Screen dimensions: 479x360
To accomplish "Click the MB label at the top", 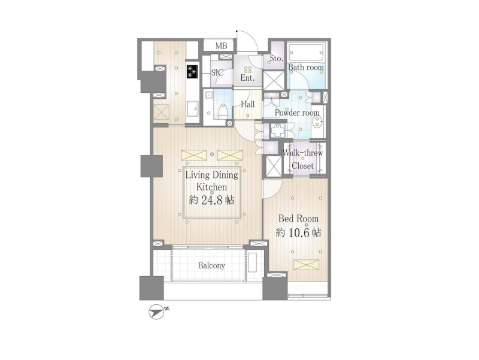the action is [221, 46].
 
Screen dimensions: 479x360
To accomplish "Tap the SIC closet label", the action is [217, 72].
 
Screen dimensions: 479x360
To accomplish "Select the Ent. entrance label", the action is [247, 78].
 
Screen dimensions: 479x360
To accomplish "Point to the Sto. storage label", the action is [276, 58].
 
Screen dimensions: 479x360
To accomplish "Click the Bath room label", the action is [306, 67].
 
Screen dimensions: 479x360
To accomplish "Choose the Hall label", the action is [247, 104].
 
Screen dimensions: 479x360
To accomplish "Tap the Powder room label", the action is [297, 113].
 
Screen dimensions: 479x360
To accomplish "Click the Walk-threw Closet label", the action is [303, 159].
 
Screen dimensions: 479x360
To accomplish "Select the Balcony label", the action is [211, 265].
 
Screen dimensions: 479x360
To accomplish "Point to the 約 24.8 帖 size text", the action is [211, 200].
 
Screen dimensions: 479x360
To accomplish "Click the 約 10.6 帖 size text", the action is [298, 233].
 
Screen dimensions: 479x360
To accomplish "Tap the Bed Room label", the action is [298, 219].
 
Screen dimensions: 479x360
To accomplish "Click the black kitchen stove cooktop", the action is [192, 72].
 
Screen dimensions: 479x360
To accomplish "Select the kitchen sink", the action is [192, 108].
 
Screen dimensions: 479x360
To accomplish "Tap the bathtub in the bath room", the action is [306, 52].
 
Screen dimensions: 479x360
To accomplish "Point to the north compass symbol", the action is [157, 312].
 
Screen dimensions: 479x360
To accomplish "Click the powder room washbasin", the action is [318, 123].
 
